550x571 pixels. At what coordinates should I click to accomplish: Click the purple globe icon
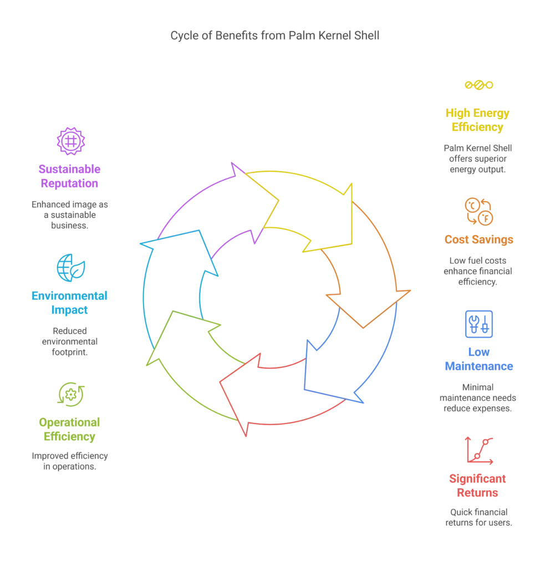coord(70,140)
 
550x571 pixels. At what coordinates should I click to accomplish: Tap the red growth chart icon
coord(479,450)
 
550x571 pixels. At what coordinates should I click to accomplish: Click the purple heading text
coord(70,176)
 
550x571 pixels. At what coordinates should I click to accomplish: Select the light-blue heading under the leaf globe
coord(70,302)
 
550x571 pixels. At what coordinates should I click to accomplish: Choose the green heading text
coord(70,429)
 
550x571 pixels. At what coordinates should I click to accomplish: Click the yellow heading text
coord(478,120)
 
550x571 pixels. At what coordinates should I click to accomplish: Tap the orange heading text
coord(478,239)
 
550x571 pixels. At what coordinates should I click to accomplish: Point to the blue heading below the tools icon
coord(478,359)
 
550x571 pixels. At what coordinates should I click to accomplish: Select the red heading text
coord(478,485)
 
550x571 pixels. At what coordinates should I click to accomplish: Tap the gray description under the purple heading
coord(70,214)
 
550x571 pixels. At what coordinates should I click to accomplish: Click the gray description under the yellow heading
coord(478,159)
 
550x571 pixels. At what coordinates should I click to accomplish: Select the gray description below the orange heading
coord(478,272)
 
